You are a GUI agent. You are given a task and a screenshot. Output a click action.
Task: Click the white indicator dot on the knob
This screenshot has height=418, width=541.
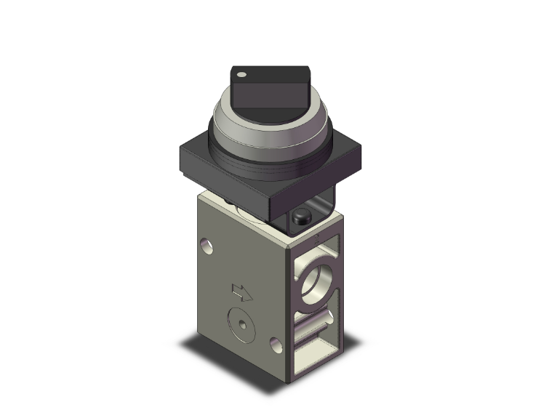[x=241, y=74]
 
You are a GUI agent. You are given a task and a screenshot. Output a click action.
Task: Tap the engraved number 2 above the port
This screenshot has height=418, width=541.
[x=316, y=237]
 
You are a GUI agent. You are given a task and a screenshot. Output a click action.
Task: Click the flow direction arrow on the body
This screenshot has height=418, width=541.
[x=241, y=292]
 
